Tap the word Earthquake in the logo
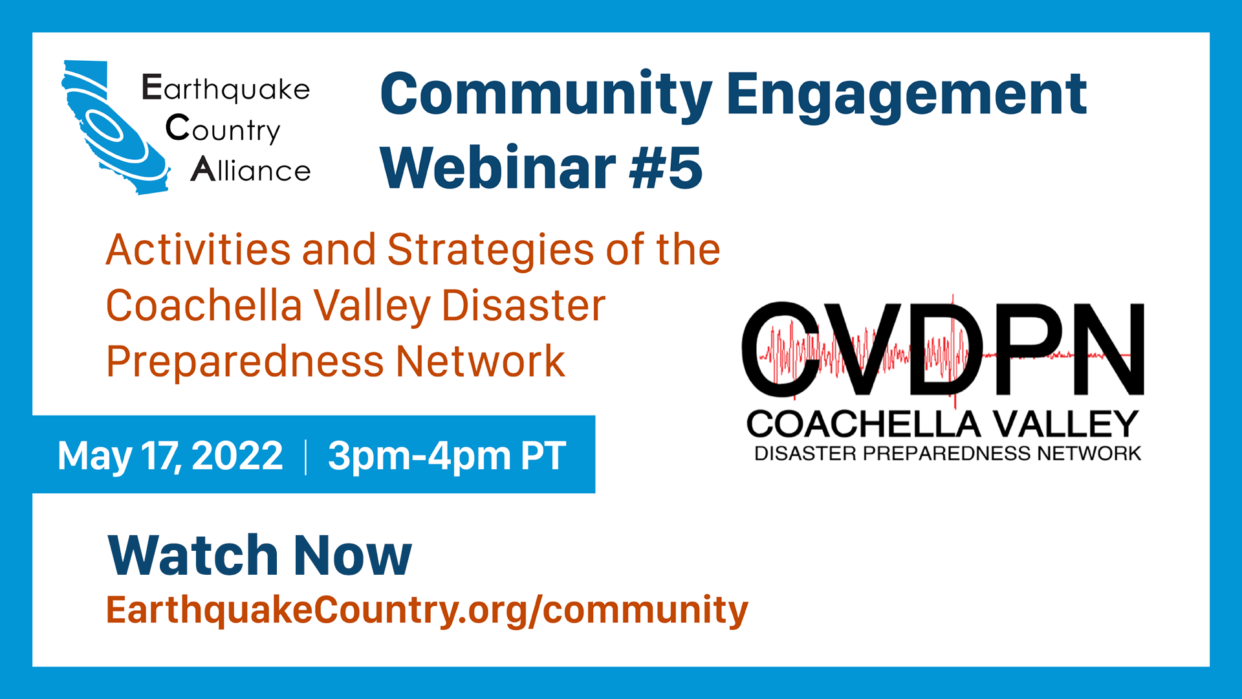pyautogui.click(x=226, y=89)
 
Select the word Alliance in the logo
pyautogui.click(x=251, y=170)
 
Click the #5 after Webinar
pyautogui.click(x=666, y=168)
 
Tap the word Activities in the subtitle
pyautogui.click(x=199, y=250)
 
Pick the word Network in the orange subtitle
pyautogui.click(x=481, y=361)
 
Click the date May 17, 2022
pyautogui.click(x=170, y=456)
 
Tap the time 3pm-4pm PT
pyautogui.click(x=447, y=456)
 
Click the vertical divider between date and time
pyautogui.click(x=305, y=456)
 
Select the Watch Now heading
pyautogui.click(x=259, y=555)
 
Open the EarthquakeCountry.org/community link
pyautogui.click(x=427, y=610)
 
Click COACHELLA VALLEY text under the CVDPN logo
pyautogui.click(x=942, y=425)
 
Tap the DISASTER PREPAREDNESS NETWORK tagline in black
pyautogui.click(x=948, y=453)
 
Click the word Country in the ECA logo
pyautogui.click(x=223, y=129)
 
